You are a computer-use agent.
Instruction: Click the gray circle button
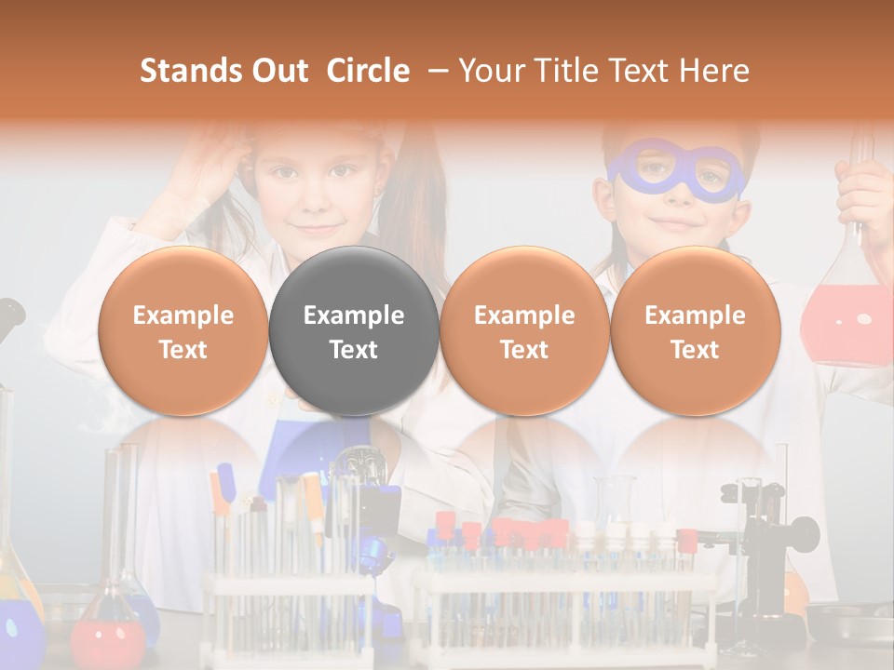coord(353,330)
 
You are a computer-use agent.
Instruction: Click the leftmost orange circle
coord(183,330)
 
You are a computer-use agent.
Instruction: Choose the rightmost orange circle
coord(695,330)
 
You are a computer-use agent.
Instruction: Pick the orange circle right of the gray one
coord(524,330)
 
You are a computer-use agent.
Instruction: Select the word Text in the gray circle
coord(353,350)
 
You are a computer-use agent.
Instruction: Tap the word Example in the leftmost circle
coord(183,315)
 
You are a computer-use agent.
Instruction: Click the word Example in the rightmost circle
coord(695,315)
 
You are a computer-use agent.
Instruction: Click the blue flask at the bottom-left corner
coord(19,628)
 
